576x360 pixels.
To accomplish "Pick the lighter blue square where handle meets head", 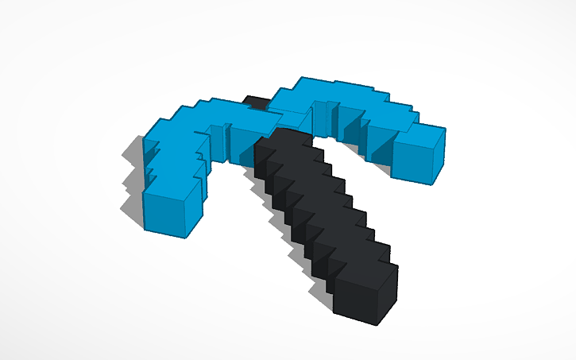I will tap(295, 120).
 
